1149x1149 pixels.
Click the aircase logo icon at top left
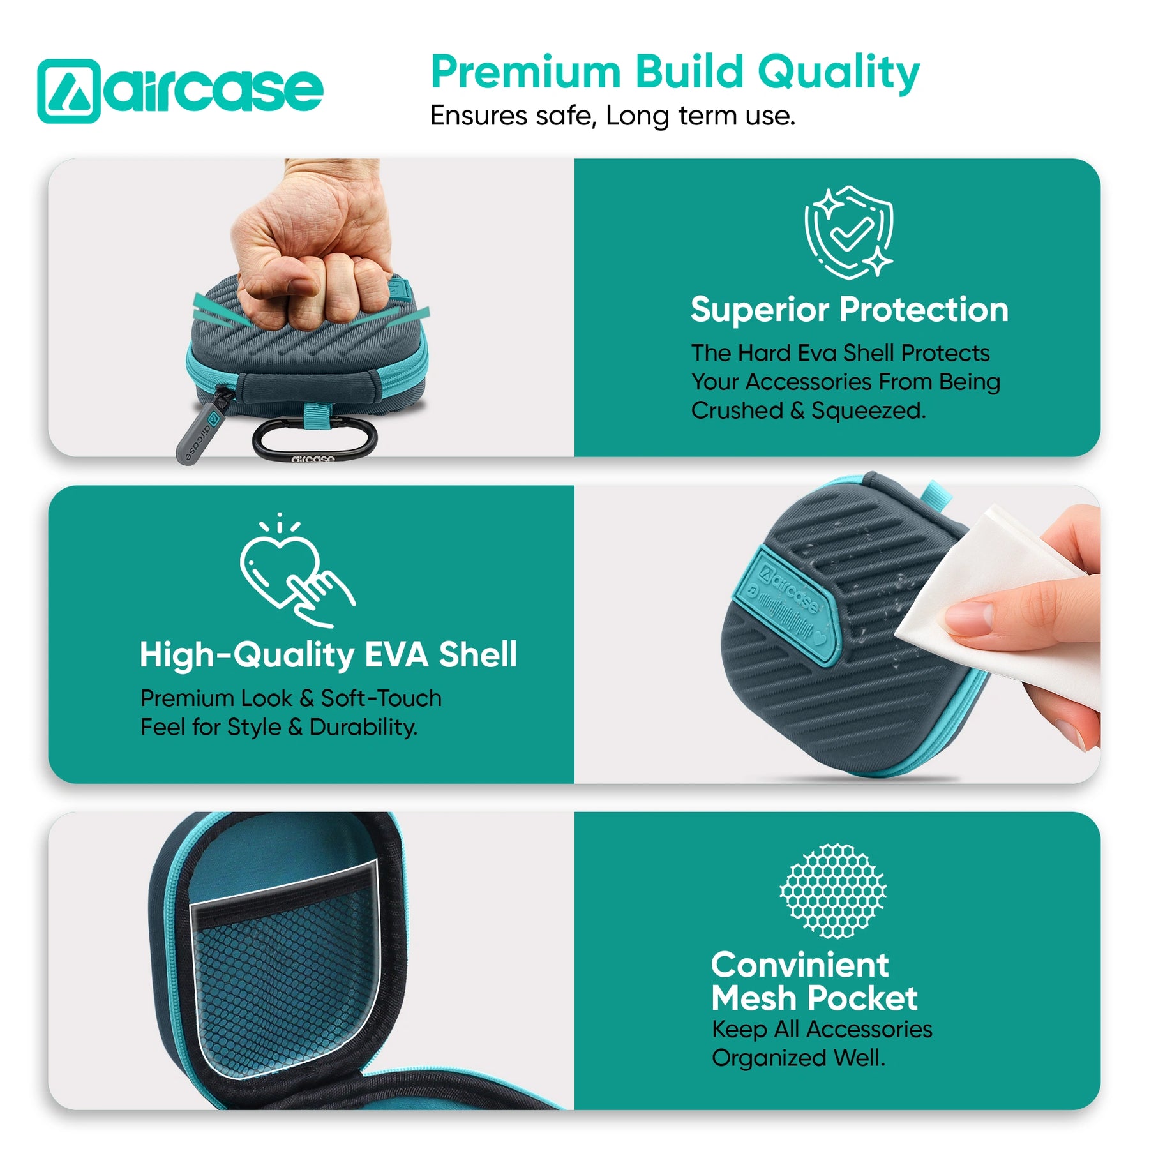coord(69,91)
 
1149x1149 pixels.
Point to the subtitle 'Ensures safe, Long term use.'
coord(612,116)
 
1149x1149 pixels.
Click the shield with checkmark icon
coord(848,232)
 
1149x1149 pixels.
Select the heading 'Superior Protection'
coord(849,310)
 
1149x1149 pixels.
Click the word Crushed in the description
coord(736,410)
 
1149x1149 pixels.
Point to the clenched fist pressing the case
coord(313,243)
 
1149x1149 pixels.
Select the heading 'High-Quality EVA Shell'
coord(328,655)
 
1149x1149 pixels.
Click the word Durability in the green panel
coord(363,727)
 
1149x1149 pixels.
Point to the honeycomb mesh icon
coord(833,890)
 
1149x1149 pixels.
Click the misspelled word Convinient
coord(799,965)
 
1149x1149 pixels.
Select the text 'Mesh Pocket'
coord(814,998)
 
